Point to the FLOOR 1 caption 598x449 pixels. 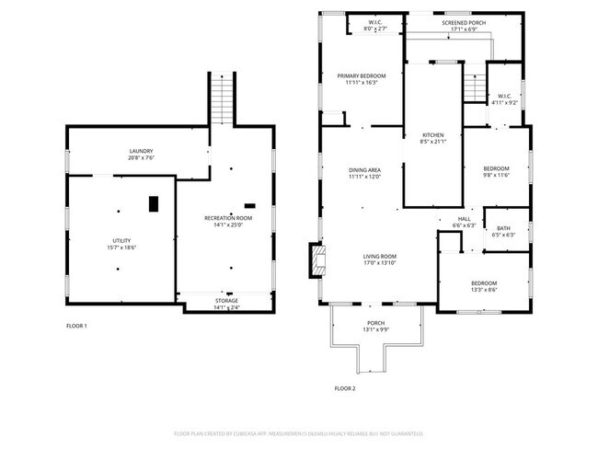pyautogui.click(x=76, y=326)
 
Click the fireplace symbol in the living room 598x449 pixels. pyautogui.click(x=316, y=260)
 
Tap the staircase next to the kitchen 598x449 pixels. pyautogui.click(x=473, y=89)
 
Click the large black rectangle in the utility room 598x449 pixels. pyautogui.click(x=154, y=202)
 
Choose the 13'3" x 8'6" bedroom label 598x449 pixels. pyautogui.click(x=484, y=286)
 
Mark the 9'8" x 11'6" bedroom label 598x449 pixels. pyautogui.click(x=496, y=171)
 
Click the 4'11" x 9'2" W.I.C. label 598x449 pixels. pyautogui.click(x=504, y=99)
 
